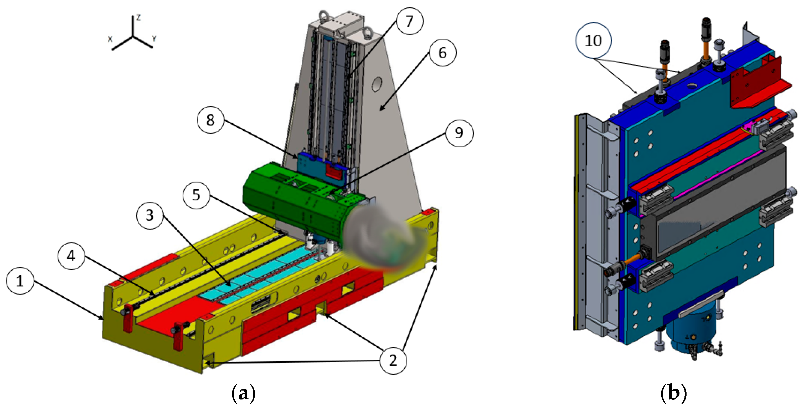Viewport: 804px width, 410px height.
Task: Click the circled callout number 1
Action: click(x=20, y=281)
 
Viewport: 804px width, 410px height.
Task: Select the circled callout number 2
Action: click(x=393, y=360)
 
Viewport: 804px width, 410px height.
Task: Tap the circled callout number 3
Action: click(x=150, y=215)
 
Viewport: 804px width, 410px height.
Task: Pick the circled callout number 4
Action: click(x=71, y=256)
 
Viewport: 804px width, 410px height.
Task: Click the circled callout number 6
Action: click(x=442, y=53)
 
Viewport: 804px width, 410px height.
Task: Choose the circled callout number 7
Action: click(x=410, y=21)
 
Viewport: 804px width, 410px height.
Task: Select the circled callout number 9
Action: click(x=459, y=133)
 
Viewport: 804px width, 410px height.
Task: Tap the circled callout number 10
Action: click(x=593, y=41)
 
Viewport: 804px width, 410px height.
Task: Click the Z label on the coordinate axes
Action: click(x=138, y=18)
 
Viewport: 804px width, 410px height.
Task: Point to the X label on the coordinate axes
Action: click(x=110, y=39)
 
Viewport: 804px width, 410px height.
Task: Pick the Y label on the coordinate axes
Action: click(x=154, y=39)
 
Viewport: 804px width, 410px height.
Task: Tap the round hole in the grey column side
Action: click(x=377, y=84)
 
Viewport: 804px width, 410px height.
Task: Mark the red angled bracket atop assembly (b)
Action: click(x=755, y=84)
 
